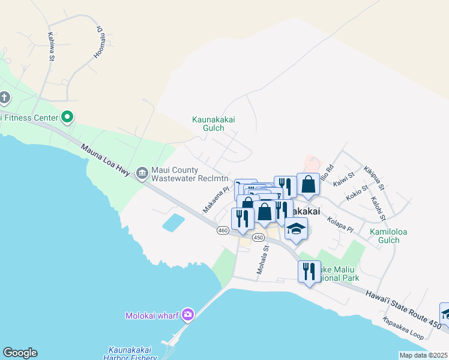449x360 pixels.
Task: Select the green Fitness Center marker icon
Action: tap(67, 117)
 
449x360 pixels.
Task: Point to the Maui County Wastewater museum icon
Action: tap(142, 173)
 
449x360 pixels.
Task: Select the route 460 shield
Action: tap(223, 230)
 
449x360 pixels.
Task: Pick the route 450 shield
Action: tap(259, 238)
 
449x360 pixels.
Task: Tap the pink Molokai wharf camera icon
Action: tap(188, 314)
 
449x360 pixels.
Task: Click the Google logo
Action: tap(20, 353)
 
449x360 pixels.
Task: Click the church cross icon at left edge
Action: tap(5, 98)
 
